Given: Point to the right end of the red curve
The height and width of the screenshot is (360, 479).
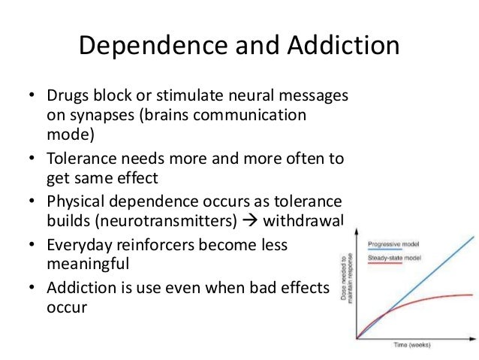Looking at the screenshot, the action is click(x=473, y=294).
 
